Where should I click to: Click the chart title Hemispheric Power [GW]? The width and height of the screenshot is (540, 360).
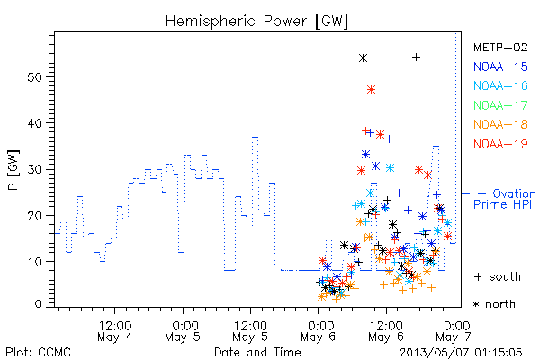pyautogui.click(x=256, y=22)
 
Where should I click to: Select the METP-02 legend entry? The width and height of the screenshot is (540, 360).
pyautogui.click(x=500, y=47)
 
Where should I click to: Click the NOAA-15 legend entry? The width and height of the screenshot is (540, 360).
pyautogui.click(x=500, y=67)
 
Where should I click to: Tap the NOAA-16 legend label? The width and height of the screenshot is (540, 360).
pyautogui.click(x=500, y=85)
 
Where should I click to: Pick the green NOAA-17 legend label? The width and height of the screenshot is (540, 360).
pyautogui.click(x=500, y=105)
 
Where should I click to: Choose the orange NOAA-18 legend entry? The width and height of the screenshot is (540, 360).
pyautogui.click(x=500, y=124)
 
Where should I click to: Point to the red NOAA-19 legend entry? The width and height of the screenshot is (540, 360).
pyautogui.click(x=500, y=144)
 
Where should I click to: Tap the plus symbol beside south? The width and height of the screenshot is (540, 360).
pyautogui.click(x=478, y=276)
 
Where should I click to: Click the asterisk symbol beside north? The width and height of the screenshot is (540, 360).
pyautogui.click(x=476, y=304)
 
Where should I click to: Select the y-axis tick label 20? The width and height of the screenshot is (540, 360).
pyautogui.click(x=34, y=216)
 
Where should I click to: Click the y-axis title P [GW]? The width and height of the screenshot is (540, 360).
pyautogui.click(x=13, y=170)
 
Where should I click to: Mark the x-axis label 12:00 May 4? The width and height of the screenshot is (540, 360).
pyautogui.click(x=115, y=331)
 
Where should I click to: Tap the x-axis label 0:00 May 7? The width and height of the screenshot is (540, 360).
pyautogui.click(x=454, y=331)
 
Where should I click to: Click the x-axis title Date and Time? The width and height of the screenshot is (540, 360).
pyautogui.click(x=257, y=353)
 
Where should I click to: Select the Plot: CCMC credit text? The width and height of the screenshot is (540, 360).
pyautogui.click(x=38, y=353)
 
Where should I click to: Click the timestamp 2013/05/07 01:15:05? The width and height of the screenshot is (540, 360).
pyautogui.click(x=461, y=353)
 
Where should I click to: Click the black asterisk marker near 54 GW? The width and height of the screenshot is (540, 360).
pyautogui.click(x=363, y=58)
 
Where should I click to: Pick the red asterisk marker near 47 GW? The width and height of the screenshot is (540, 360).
pyautogui.click(x=371, y=90)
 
